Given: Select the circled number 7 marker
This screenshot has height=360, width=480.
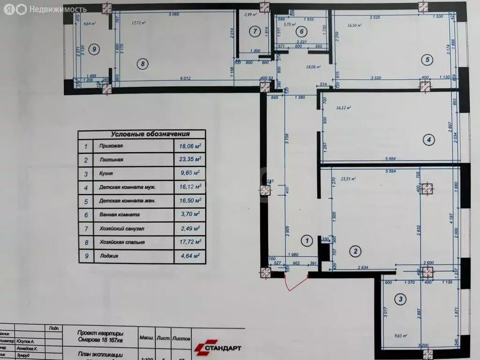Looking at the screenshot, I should point(254,32).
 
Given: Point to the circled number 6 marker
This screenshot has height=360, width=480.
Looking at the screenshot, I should point(302,32).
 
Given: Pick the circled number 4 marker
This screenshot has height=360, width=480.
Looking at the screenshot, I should point(427,139).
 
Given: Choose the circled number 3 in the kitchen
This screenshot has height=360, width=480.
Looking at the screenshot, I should point(400,299).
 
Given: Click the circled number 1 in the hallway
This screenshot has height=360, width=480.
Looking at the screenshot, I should point(307,241).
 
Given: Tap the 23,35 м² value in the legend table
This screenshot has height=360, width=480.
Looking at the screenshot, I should point(189,159).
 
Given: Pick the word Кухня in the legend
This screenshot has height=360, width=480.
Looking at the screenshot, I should point(107,173).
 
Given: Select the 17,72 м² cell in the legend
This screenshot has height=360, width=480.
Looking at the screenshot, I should point(189,242).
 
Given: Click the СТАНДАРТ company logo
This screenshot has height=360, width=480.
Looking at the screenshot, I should point(218,347).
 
